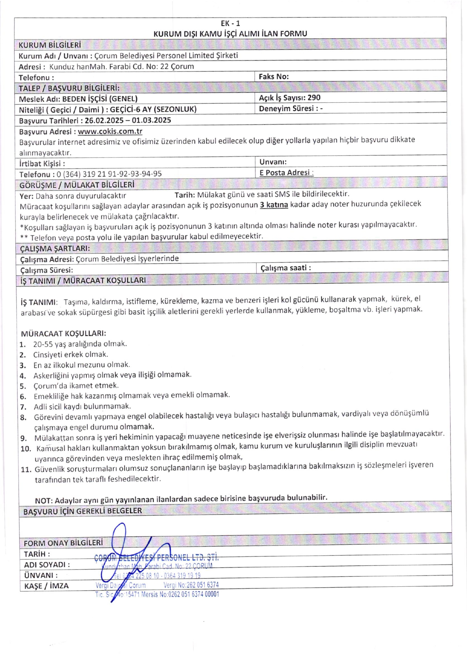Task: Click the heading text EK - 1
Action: pyautogui.click(x=230, y=23)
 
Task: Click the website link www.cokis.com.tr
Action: pyautogui.click(x=110, y=131)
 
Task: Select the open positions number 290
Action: pyautogui.click(x=314, y=98)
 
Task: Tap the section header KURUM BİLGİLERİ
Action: pyautogui.click(x=50, y=45)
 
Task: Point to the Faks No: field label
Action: pyautogui.click(x=273, y=76)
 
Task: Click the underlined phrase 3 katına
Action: pyautogui.click(x=274, y=205)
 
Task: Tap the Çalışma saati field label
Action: pyautogui.click(x=285, y=268)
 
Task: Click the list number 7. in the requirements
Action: pyautogui.click(x=23, y=407)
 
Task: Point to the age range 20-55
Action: pyautogui.click(x=43, y=344)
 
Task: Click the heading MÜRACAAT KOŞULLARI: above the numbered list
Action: pyautogui.click(x=63, y=333)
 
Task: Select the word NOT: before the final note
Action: pyautogui.click(x=44, y=500)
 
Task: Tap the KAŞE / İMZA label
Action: pyautogui.click(x=46, y=586)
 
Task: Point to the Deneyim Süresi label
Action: pyautogui.click(x=286, y=109)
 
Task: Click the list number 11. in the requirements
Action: pyautogui.click(x=26, y=469)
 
